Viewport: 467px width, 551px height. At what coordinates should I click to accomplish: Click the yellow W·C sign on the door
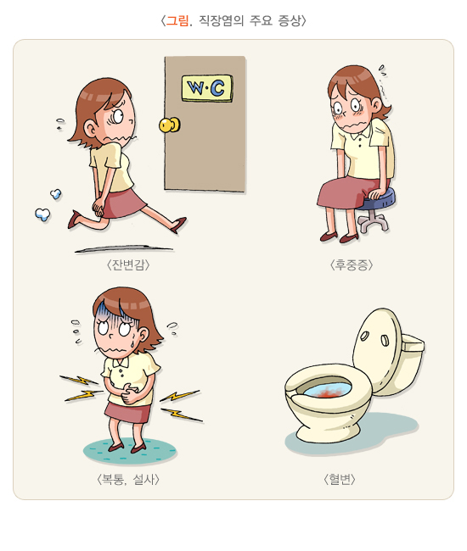[207, 88]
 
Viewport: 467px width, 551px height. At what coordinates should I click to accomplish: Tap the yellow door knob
[169, 125]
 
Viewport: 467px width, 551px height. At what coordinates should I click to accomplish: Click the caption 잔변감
[128, 264]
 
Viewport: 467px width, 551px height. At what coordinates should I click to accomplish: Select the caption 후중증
[352, 264]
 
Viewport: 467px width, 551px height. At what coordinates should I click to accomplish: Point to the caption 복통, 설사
[128, 479]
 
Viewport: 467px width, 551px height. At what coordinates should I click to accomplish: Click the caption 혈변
[340, 479]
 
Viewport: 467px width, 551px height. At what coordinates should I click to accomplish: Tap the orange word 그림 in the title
[177, 20]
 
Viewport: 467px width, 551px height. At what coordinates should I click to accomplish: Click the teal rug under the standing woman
[130, 451]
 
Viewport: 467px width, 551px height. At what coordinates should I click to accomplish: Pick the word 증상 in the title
[290, 20]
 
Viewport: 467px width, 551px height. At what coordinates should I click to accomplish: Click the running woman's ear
[89, 129]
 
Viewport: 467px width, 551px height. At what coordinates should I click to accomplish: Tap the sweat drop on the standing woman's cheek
[132, 342]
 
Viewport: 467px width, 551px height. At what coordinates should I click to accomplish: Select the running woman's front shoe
[179, 224]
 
